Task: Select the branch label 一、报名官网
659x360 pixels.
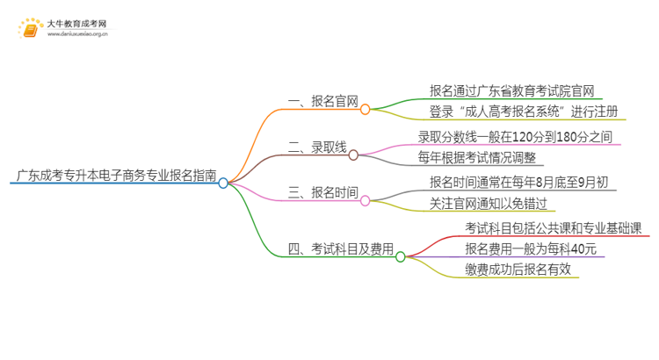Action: tap(323, 101)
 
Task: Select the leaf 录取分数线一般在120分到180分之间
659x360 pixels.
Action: tap(514, 137)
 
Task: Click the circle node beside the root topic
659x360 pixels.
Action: tap(223, 184)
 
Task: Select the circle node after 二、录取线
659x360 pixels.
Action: tap(353, 155)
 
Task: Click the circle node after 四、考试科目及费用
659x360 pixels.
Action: tap(401, 257)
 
